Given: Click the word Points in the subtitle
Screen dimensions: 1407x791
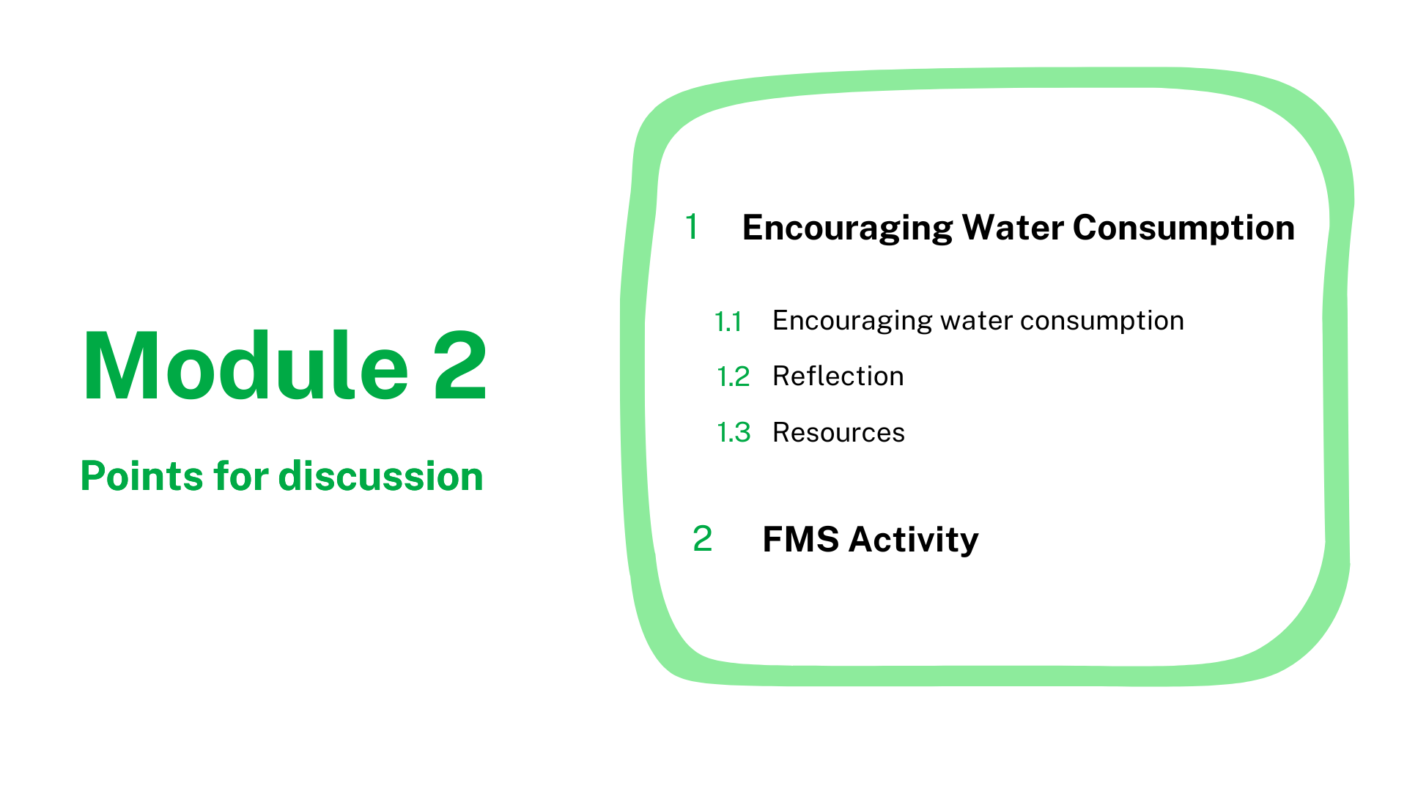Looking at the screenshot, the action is (x=141, y=477).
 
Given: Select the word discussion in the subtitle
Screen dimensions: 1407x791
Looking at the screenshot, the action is (x=381, y=476).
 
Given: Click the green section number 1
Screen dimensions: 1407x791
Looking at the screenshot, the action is (x=692, y=227).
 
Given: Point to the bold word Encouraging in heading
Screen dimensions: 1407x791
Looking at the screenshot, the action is (x=846, y=229).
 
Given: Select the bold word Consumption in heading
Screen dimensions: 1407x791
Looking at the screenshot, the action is (x=1183, y=229).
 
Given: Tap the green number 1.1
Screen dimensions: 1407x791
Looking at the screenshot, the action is (x=728, y=322).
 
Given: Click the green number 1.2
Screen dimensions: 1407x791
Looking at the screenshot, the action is (x=733, y=377).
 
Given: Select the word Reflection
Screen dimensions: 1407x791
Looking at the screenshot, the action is (x=838, y=376).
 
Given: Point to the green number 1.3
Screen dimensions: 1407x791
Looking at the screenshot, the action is (x=734, y=433).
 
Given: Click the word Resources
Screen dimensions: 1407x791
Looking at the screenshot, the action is (x=839, y=433).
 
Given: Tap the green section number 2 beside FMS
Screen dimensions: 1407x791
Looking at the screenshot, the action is (x=702, y=539).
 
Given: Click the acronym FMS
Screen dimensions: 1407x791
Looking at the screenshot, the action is (x=801, y=540).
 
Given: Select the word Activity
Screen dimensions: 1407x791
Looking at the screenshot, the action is (x=914, y=541).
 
